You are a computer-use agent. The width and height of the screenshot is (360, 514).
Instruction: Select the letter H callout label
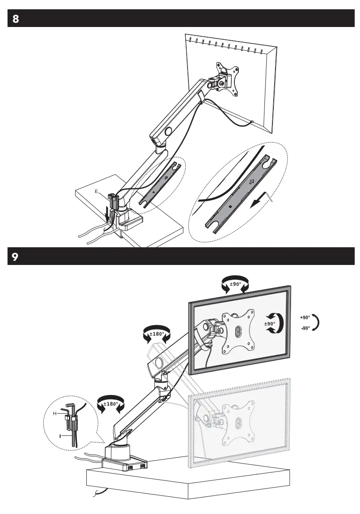[55, 413]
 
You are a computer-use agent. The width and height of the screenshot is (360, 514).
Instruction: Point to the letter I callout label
[59, 436]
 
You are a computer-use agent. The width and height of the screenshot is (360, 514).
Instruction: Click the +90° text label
[305, 317]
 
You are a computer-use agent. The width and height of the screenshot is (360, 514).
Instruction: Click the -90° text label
[305, 328]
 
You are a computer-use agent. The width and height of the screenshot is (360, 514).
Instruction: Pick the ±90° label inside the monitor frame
[269, 323]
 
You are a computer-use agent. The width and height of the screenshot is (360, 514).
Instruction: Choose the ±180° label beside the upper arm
[157, 334]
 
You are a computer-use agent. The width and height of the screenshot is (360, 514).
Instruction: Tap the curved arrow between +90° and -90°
[315, 323]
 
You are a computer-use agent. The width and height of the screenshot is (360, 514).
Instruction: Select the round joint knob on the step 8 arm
[169, 131]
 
